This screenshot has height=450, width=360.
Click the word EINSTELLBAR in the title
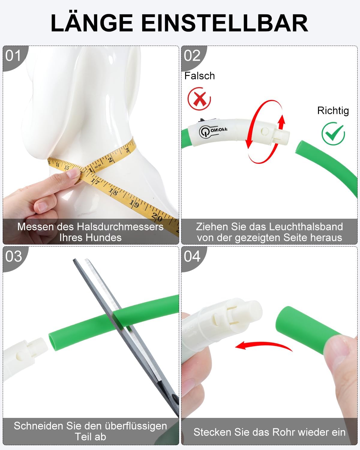tap(225, 23)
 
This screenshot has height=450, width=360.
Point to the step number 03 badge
tap(13, 256)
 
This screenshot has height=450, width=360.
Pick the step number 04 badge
tap(192, 256)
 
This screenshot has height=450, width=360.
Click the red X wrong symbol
tap(199, 99)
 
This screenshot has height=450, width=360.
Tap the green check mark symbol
tap(333, 133)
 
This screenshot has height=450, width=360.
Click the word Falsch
tap(199, 76)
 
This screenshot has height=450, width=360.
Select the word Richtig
tap(333, 111)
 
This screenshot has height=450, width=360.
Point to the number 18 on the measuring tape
tap(113, 191)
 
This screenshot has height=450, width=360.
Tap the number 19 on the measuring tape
tap(134, 203)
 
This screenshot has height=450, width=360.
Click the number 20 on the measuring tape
tap(157, 217)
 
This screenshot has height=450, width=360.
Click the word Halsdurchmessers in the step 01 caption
tap(120, 227)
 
